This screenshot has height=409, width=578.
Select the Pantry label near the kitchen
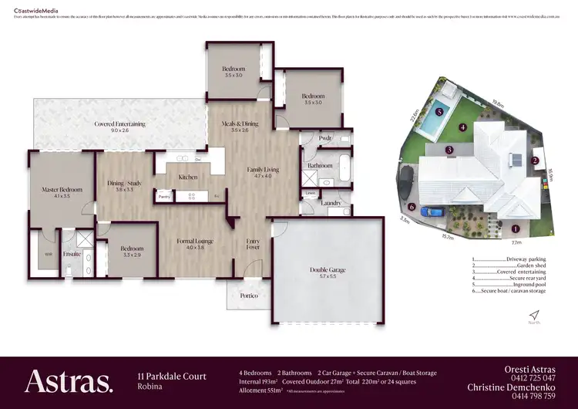tap(164, 197)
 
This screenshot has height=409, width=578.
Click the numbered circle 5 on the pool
tap(439, 111)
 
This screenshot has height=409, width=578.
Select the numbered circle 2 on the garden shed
tap(534, 161)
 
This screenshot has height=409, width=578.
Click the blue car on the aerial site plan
tap(433, 211)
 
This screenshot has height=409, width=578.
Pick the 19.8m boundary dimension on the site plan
tap(497, 100)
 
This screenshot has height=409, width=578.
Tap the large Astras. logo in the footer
tap(69, 381)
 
